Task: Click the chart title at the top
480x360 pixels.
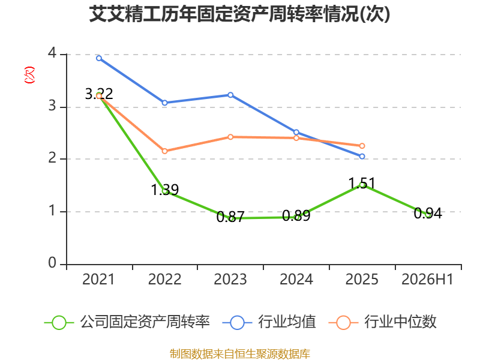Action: [239, 14]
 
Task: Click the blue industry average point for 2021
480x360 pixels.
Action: [99, 58]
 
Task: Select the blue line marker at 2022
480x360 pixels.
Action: [164, 103]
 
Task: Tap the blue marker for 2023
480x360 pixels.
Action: [230, 95]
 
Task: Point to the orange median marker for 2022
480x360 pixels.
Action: [164, 151]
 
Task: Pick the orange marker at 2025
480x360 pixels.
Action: [362, 146]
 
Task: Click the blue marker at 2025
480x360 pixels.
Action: [362, 157]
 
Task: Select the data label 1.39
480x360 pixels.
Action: [164, 190]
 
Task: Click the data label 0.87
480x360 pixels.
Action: [230, 217]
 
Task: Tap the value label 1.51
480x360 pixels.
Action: [362, 184]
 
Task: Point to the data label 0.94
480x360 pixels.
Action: [428, 214]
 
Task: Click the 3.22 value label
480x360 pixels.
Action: [99, 94]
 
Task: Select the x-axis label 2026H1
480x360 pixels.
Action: [427, 280]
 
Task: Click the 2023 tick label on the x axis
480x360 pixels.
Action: [230, 280]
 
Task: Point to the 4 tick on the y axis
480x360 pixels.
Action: [52, 53]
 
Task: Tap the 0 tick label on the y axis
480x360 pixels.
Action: [52, 263]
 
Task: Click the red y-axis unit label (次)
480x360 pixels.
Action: [29, 75]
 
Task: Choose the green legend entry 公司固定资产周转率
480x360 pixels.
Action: [127, 322]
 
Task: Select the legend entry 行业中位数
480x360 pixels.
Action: [382, 322]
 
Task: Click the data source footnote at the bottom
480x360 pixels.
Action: [240, 354]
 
